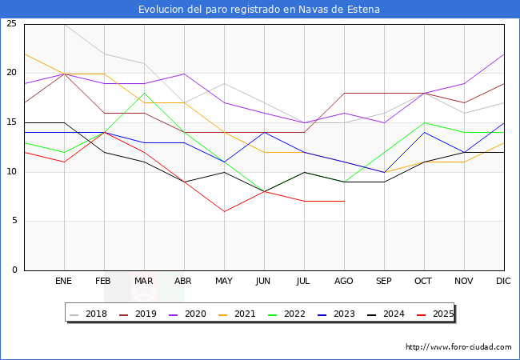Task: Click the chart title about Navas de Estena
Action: [259, 10]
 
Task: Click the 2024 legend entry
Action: [392, 314]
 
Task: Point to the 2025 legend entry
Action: [441, 314]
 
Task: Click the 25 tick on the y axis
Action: [11, 24]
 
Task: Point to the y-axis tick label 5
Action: [14, 221]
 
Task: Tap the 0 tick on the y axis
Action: [14, 270]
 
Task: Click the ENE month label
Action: [64, 282]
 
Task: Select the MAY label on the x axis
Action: [224, 282]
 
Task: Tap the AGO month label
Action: [344, 282]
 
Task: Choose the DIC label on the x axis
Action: [503, 282]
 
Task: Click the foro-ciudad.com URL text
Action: [458, 347]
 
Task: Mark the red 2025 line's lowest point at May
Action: [224, 211]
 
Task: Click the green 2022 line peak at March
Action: [144, 94]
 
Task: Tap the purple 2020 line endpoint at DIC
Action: [503, 54]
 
